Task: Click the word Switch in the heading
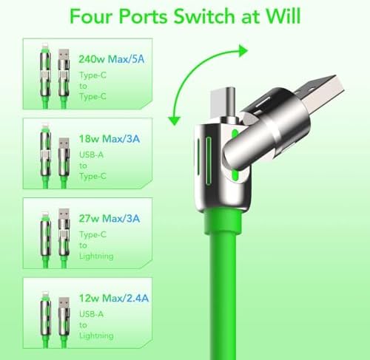[x=205, y=16]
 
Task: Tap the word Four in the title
[x=91, y=16]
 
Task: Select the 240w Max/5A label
[x=111, y=59]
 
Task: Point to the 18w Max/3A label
[x=110, y=139]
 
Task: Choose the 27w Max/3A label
[x=110, y=218]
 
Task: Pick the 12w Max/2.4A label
[x=114, y=298]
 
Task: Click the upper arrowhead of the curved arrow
[x=243, y=51]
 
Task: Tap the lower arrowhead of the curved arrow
[x=175, y=120]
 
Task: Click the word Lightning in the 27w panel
[x=96, y=257]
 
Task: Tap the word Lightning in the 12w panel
[x=96, y=336]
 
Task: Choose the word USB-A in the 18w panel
[x=91, y=154]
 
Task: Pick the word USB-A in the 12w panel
[x=91, y=314]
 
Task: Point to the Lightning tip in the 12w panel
[x=45, y=295]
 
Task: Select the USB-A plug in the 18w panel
[x=64, y=145]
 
